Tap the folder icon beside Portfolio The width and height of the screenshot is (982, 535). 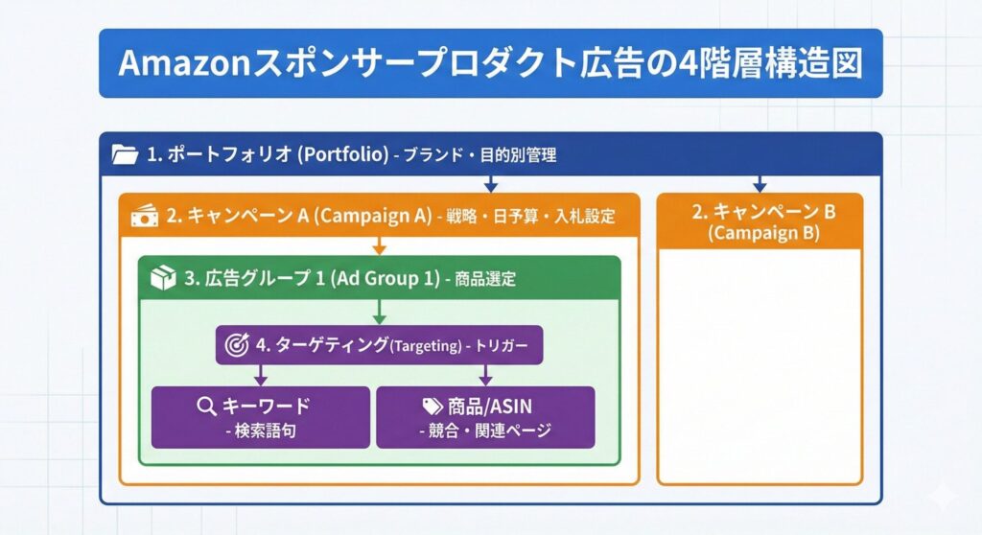125,153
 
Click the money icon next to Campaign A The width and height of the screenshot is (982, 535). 144,216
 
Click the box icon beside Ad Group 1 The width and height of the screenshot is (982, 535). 163,279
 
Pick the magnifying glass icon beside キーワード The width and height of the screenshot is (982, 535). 205,407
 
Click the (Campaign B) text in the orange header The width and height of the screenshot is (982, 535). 759,233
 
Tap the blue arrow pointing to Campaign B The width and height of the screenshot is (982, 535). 760,183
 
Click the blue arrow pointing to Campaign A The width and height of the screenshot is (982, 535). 491,183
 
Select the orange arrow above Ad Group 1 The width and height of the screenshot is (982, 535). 379,246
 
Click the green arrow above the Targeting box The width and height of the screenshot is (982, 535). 379,313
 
